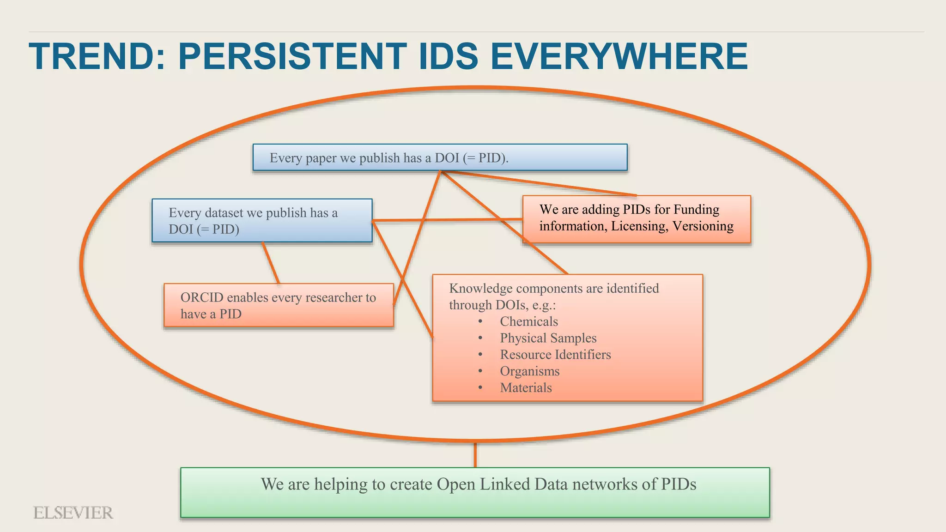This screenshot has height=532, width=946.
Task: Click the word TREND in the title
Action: point(92,56)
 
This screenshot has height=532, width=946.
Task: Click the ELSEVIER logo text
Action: point(73,513)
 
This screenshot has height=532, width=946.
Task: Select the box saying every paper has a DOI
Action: point(440,157)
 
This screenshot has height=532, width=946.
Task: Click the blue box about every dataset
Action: point(262,221)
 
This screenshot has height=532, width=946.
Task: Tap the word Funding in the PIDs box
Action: point(696,210)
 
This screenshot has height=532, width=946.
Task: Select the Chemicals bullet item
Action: point(529,321)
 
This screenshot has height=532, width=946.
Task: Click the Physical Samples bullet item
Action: point(548,338)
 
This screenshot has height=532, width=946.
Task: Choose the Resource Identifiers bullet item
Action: point(555,355)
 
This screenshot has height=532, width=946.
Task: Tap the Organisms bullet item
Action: point(529,371)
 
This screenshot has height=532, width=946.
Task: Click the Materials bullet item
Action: point(526,388)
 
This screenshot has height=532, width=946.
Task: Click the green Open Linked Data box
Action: point(475,492)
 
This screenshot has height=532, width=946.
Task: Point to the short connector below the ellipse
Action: point(475,455)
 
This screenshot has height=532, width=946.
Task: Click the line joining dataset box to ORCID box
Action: point(271,263)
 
